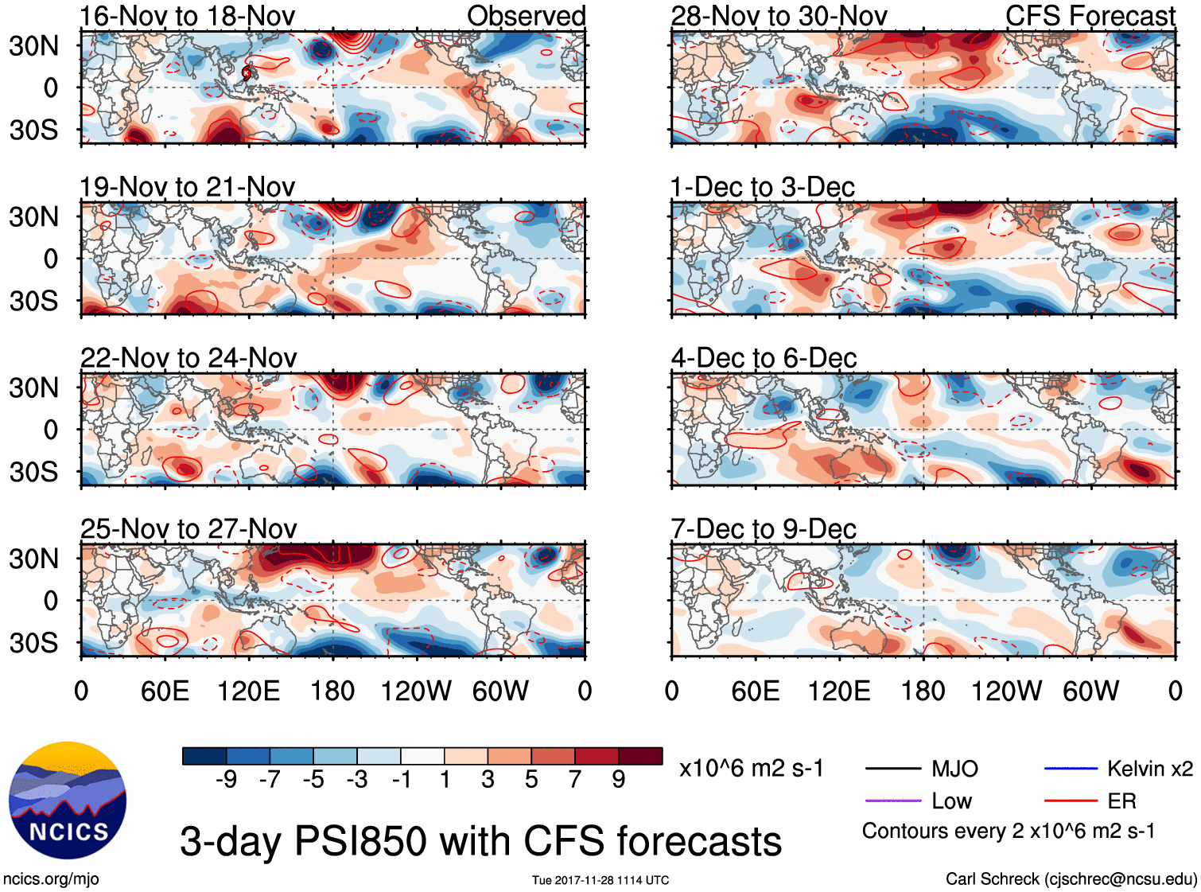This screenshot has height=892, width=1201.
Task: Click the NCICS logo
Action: point(68,800)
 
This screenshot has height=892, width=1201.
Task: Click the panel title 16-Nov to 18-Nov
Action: point(187,16)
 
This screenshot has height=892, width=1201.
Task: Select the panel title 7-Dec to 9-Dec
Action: point(764,529)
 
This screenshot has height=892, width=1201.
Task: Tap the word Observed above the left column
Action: point(526,16)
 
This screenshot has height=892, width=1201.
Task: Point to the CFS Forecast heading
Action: point(1090,16)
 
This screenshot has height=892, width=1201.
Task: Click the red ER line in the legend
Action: point(1071,800)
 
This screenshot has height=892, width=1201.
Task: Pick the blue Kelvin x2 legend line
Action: point(1071,769)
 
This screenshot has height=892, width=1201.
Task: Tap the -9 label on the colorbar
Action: point(227,780)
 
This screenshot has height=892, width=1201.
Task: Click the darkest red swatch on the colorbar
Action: point(640,756)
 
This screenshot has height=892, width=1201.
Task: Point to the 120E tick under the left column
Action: point(249,691)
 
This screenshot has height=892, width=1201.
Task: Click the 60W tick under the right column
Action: point(1091,691)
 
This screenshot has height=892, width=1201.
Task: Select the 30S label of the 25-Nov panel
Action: point(34,643)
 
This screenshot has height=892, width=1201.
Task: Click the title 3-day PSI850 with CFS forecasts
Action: point(480,841)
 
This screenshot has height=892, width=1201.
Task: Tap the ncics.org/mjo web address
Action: point(51,879)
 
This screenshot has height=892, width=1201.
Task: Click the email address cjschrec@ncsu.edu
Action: point(1120,879)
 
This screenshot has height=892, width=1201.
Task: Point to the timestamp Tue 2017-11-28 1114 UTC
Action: point(600,880)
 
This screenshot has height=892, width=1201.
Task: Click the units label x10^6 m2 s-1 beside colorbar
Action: point(751,769)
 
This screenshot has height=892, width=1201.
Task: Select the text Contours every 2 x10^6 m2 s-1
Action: point(1009,832)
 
